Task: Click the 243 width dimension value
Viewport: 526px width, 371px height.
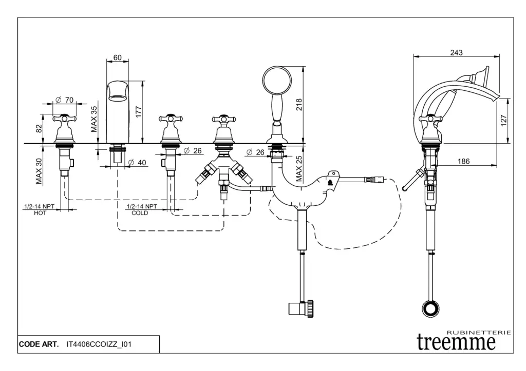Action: [456, 53]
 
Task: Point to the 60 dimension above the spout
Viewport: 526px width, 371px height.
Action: [118, 57]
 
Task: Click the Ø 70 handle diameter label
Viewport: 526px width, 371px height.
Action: [65, 99]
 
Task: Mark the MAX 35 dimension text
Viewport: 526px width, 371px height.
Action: [94, 119]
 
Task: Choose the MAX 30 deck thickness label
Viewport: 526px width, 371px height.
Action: [39, 172]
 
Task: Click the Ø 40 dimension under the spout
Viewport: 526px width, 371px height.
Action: [137, 163]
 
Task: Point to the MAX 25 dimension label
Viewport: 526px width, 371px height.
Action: [299, 170]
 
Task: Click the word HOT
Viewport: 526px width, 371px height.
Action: [40, 213]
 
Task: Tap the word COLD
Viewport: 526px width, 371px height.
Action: [140, 213]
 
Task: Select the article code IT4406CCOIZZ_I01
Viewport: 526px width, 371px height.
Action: [99, 344]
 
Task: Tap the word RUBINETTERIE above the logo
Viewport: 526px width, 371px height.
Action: [479, 333]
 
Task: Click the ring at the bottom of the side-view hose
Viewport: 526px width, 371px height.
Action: [430, 309]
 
